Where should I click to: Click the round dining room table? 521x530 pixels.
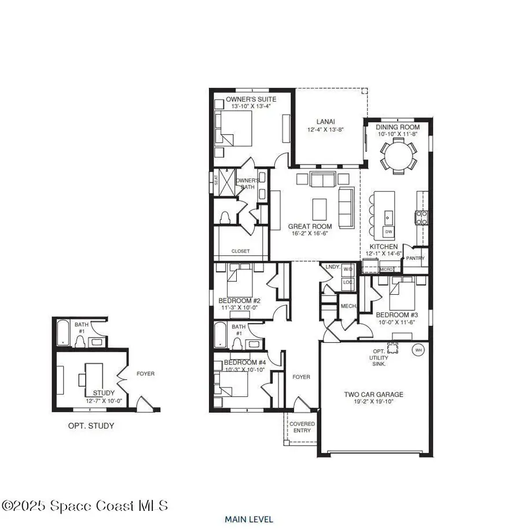pos(398,155)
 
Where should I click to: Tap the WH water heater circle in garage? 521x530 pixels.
pos(418,350)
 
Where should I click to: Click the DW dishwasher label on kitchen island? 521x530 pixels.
pos(388,232)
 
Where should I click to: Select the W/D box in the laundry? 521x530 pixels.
pos(348,269)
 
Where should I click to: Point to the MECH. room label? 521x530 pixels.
pos(348,306)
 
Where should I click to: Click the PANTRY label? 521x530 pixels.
pos(415,258)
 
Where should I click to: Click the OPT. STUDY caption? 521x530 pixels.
pos(91,426)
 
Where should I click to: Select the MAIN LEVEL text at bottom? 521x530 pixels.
pos(249,520)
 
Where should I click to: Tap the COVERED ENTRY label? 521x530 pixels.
pos(302,427)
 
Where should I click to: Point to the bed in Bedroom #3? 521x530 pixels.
pos(402,294)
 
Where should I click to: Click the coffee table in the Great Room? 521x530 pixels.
pos(319,207)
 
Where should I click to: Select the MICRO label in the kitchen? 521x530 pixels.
pos(386,269)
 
